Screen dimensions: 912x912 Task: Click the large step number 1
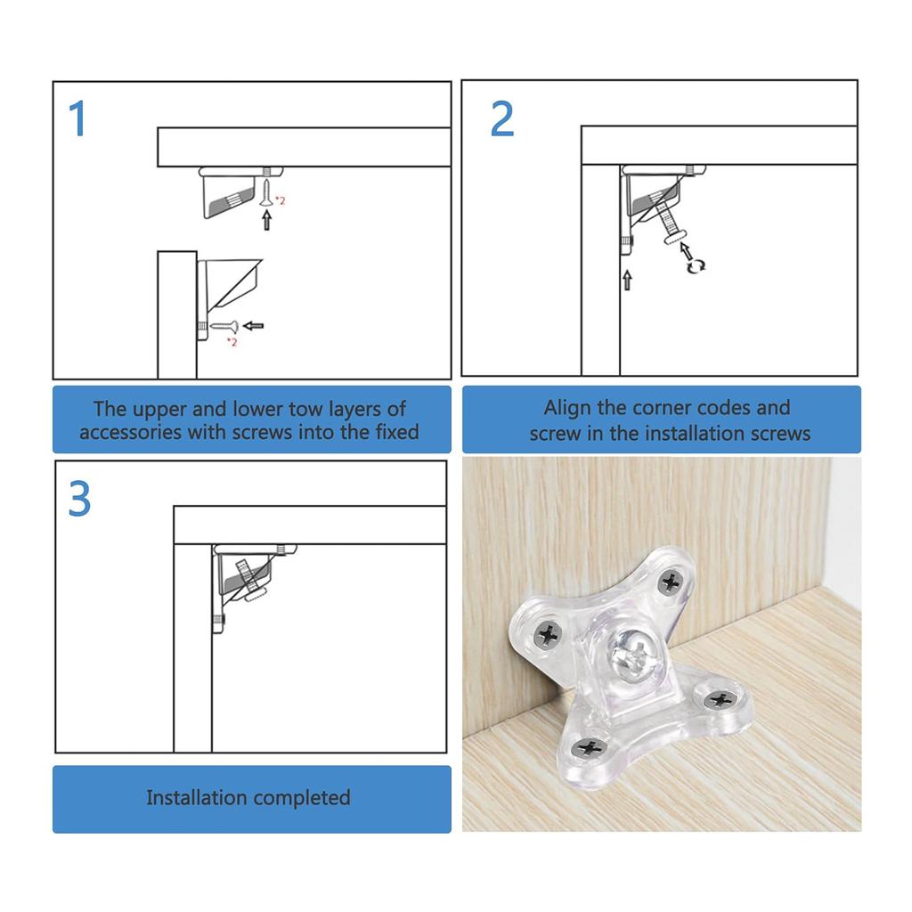coord(78,119)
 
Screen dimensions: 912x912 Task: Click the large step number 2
coord(502,119)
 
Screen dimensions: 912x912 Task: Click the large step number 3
coord(80,500)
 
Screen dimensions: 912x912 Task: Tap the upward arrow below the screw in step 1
coord(265,220)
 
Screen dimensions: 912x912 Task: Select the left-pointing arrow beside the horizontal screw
coord(254,326)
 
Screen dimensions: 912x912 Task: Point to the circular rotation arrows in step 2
coord(696,264)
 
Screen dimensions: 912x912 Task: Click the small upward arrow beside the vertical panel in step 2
coord(627,281)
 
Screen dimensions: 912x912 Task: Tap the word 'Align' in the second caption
coord(568,408)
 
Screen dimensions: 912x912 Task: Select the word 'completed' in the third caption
coord(300,797)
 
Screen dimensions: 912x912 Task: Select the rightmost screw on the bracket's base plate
coord(720,700)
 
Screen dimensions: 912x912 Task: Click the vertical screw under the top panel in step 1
coord(267,185)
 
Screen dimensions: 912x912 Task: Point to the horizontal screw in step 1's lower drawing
coord(221,327)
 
